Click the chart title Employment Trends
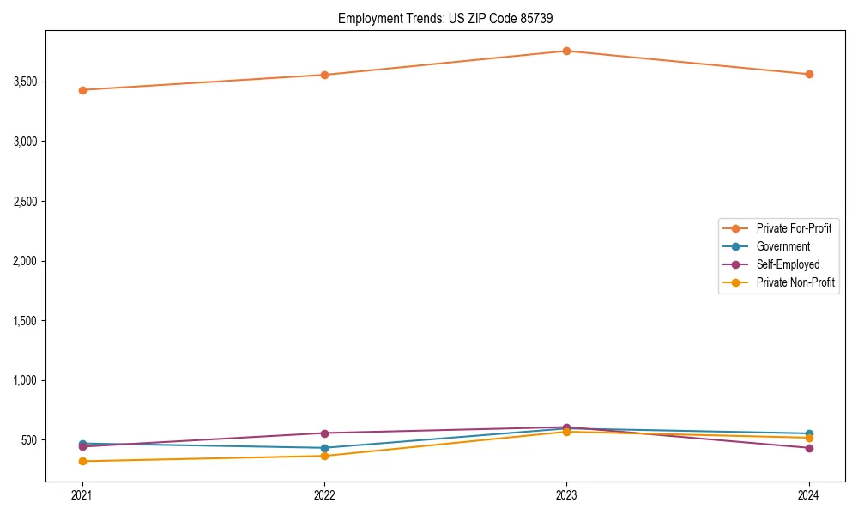tap(451, 18)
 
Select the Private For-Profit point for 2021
tap(82, 90)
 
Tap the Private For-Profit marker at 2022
tap(324, 75)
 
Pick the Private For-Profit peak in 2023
tap(566, 51)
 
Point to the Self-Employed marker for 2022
tap(324, 433)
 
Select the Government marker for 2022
tap(324, 448)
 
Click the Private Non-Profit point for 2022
tap(324, 456)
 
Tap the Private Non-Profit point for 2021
tap(82, 461)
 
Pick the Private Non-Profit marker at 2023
tap(566, 432)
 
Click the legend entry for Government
tap(782, 246)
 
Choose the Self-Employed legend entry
tap(788, 264)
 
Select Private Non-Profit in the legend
tap(795, 282)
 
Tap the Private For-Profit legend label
tap(794, 228)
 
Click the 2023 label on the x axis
tap(566, 495)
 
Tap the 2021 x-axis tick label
tap(82, 495)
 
